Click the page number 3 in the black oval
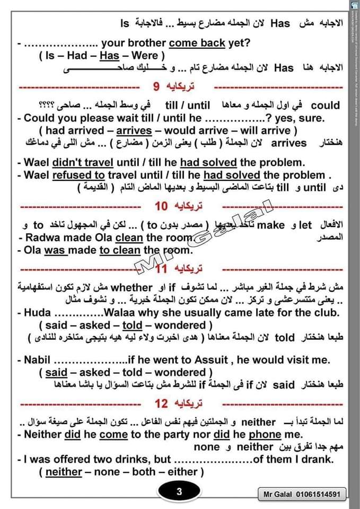[179, 492]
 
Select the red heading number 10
[161, 206]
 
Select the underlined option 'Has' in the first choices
[110, 55]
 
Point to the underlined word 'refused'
[74, 175]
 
